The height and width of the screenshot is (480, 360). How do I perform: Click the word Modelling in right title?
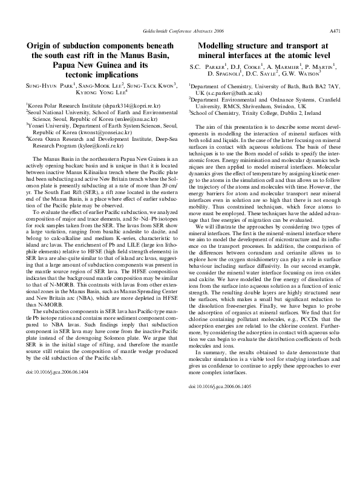click(x=223, y=45)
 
